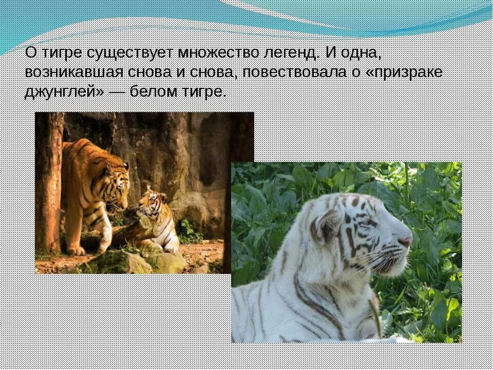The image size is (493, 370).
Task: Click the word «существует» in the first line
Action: pyautogui.click(x=129, y=53)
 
